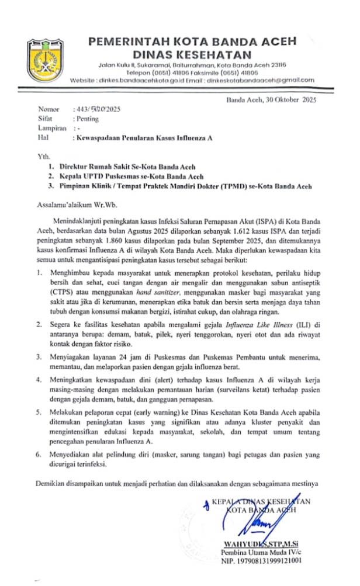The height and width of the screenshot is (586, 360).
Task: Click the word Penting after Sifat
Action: point(88,119)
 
